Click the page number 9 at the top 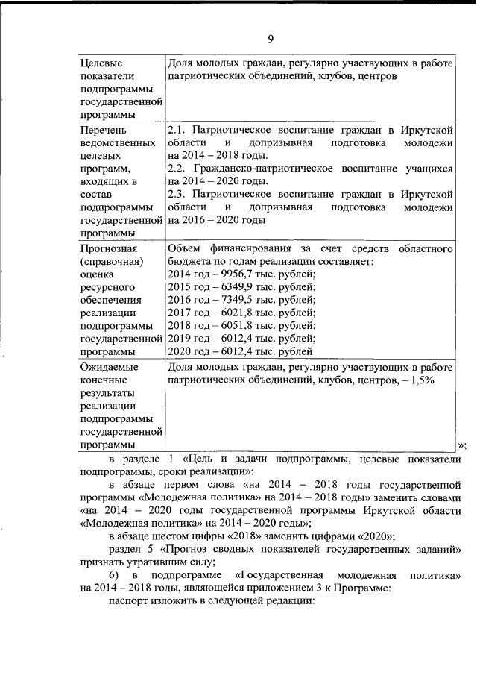coord(272,39)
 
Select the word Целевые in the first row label coord(101,63)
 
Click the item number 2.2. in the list coord(179,169)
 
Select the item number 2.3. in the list coord(179,194)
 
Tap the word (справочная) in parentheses coord(112,261)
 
